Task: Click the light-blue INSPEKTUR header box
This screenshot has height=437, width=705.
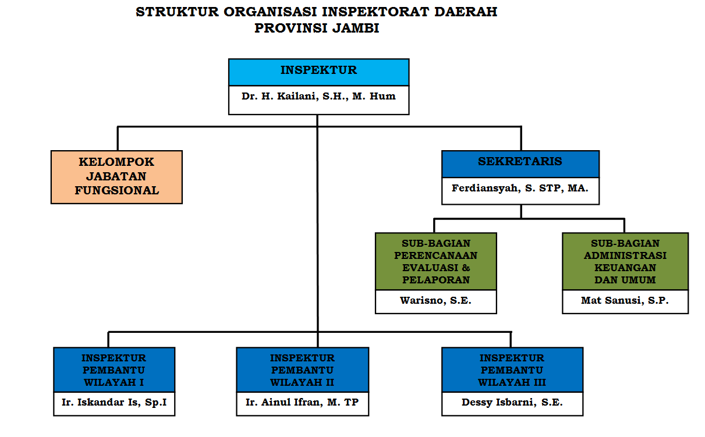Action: pos(318,72)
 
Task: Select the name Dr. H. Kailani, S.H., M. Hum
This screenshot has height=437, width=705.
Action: pos(318,96)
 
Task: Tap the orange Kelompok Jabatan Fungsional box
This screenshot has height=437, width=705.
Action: pos(116,177)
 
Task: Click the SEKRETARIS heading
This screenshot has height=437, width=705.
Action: pos(520,161)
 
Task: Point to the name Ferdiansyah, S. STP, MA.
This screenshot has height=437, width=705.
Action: pos(520,188)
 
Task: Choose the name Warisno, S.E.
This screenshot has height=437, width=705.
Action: pos(435,300)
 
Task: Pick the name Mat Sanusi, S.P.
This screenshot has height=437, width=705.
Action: pos(625,300)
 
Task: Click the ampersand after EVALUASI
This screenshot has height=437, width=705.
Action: pos(466,268)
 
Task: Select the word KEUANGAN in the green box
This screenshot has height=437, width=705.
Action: pos(625,268)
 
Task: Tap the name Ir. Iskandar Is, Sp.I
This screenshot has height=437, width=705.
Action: pos(114,403)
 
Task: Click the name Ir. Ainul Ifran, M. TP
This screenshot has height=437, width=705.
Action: pos(302,403)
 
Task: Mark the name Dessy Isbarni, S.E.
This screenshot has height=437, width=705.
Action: pos(512,403)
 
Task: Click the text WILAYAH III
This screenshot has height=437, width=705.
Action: pos(512,382)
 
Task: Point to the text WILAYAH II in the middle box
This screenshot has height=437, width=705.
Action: pos(302,382)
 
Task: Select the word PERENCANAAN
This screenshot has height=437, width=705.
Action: pos(436,255)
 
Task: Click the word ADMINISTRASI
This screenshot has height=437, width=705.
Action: pos(625,255)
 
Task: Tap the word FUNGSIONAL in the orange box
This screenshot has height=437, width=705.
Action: pos(117,191)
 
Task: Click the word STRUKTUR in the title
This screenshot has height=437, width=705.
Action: pos(177,12)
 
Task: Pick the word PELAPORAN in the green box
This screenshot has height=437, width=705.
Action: pos(436,280)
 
